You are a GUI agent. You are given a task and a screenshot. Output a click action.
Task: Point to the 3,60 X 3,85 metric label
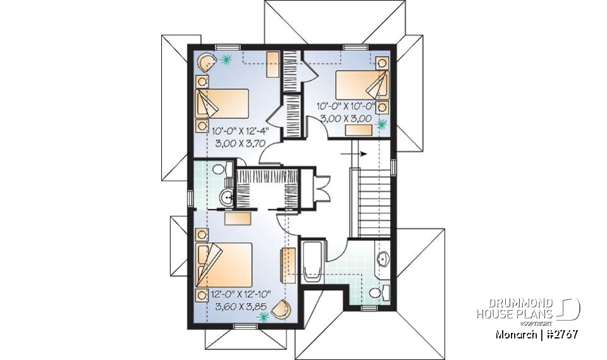(240, 307)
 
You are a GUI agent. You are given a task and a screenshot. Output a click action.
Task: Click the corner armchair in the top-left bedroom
(206, 62)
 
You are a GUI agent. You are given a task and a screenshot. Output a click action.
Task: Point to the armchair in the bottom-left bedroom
(283, 308)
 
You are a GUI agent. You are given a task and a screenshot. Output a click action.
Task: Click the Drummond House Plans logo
(528, 308)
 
